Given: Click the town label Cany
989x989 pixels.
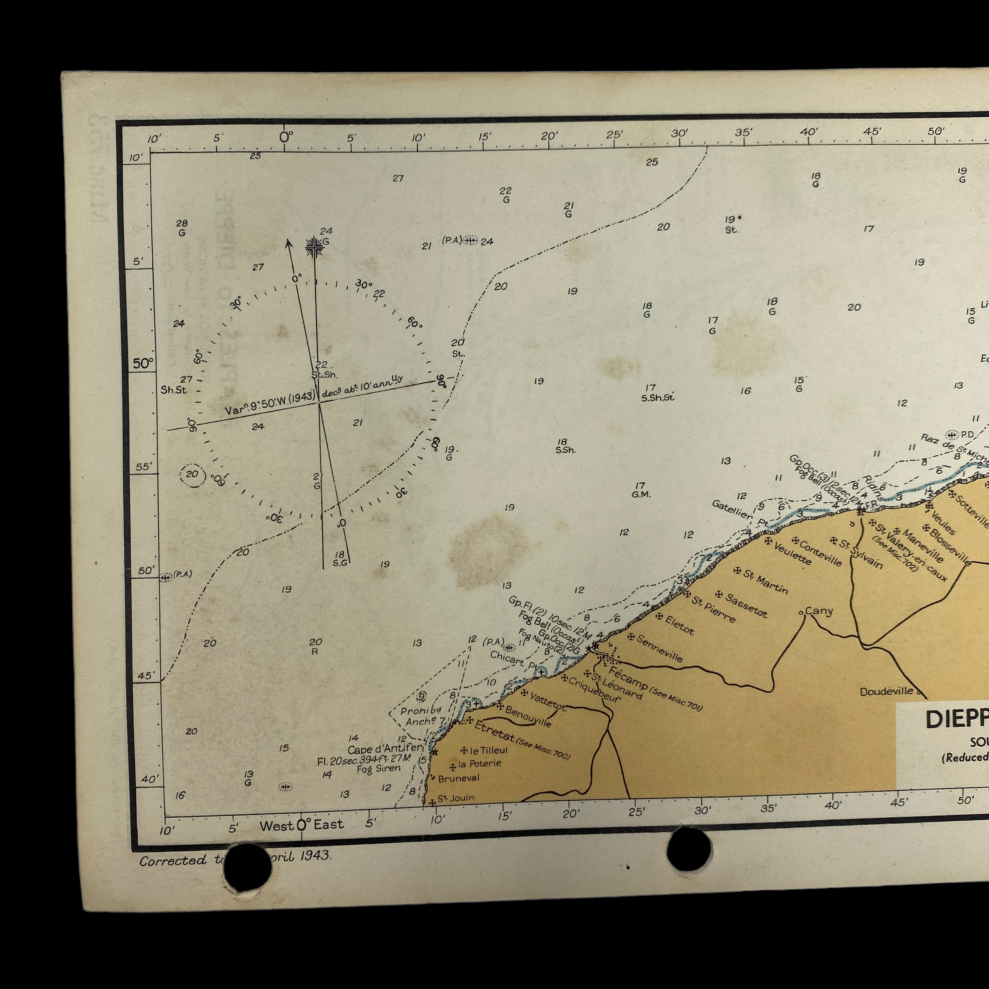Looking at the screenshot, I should pos(819,611).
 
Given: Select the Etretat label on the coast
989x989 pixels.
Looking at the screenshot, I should pos(494,731).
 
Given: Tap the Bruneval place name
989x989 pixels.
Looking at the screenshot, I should pos(458,778).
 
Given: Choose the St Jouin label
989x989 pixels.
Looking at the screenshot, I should pos(456,798).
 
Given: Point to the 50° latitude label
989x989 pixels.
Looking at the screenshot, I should pos(143,364).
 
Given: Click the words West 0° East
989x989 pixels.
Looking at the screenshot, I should pos(301,825).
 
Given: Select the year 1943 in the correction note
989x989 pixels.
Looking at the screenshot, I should pos(315,855).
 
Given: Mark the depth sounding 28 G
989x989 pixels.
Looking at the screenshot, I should pos(182,228).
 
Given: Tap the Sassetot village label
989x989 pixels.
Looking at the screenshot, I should pos(746,606).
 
